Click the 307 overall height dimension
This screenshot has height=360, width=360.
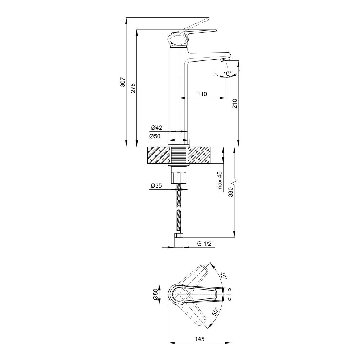click(x=123, y=82)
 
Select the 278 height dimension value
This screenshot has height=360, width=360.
click(x=133, y=88)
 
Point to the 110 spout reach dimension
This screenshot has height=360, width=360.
click(x=202, y=94)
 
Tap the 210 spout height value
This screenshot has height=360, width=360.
click(x=234, y=104)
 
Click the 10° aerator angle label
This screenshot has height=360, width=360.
click(x=227, y=74)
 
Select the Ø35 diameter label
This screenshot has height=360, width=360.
click(x=156, y=185)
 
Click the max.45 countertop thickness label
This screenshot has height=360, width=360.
click(x=220, y=181)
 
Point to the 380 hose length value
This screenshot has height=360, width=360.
click(x=230, y=192)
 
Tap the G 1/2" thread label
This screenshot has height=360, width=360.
click(x=206, y=244)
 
